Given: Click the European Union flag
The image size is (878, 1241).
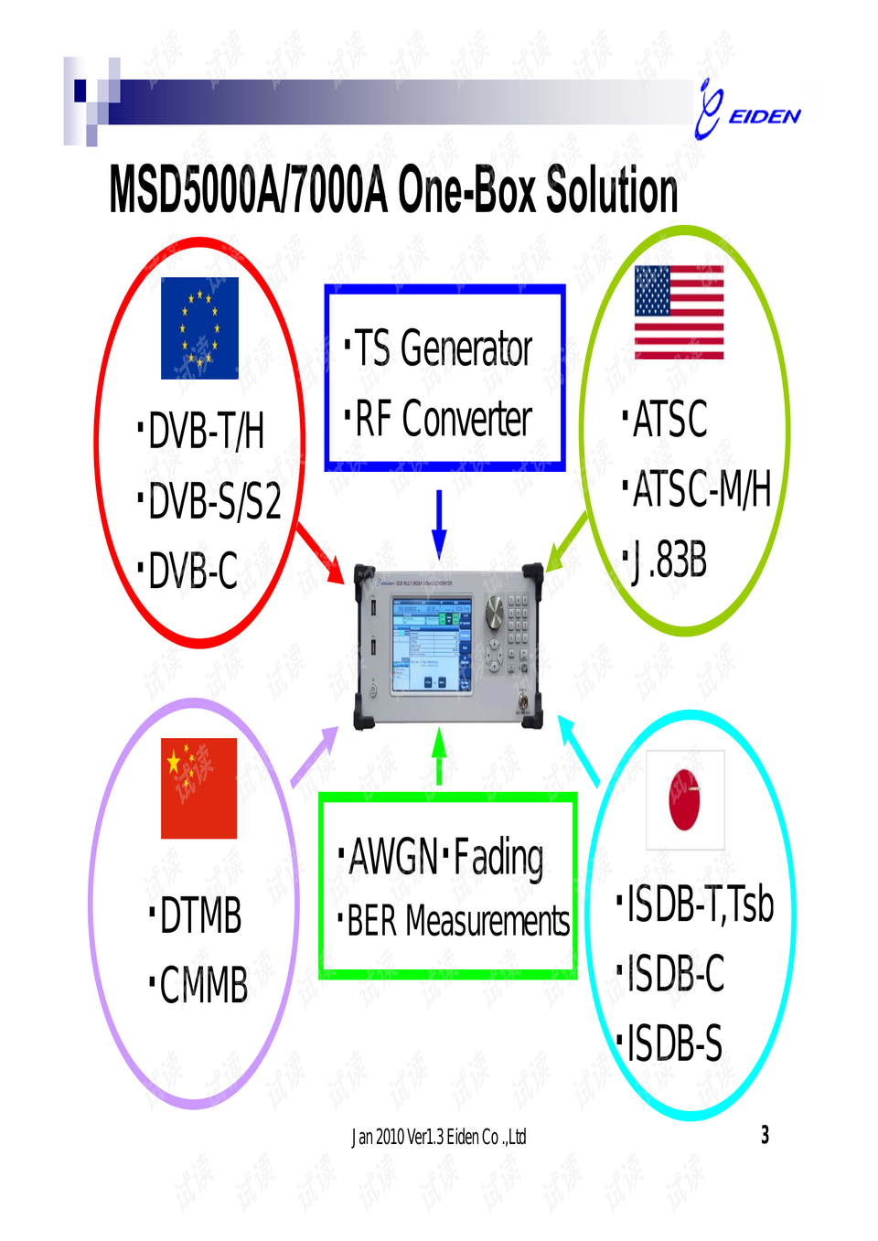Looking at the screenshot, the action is pyautogui.click(x=199, y=328).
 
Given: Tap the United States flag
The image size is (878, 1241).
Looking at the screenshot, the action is pyautogui.click(x=679, y=312).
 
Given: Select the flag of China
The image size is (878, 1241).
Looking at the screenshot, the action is pyautogui.click(x=198, y=787).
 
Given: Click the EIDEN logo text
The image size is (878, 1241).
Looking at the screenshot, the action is pyautogui.click(x=764, y=116).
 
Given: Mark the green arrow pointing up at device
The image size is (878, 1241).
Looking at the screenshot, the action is pyautogui.click(x=439, y=755).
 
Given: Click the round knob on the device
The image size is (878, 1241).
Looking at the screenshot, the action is pyautogui.click(x=495, y=612).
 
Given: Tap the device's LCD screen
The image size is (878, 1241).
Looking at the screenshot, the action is pyautogui.click(x=432, y=644).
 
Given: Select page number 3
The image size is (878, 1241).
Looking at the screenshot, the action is pyautogui.click(x=765, y=1135).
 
